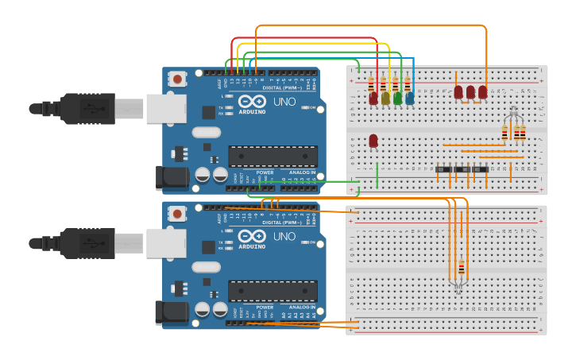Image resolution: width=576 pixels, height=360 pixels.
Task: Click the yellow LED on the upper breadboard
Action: click(x=386, y=98)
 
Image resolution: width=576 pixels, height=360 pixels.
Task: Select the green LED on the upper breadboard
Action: click(x=398, y=98)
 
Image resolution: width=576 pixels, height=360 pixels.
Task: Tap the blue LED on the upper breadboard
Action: click(x=410, y=98)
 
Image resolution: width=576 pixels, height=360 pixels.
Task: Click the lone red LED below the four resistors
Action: click(x=373, y=141)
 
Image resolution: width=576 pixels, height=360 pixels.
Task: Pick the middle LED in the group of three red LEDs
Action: click(x=470, y=92)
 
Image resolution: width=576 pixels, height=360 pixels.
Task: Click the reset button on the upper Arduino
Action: click(x=177, y=79)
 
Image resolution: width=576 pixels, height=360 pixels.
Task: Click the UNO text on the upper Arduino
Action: click(x=284, y=103)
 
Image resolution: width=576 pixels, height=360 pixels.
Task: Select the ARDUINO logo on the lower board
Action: click(x=253, y=246)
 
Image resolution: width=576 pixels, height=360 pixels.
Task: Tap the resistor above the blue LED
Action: click(x=408, y=83)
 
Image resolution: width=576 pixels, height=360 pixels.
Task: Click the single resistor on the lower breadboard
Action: click(x=462, y=266)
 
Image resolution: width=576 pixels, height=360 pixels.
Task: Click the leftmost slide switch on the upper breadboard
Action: click(x=443, y=169)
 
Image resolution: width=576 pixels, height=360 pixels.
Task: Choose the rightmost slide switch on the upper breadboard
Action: click(x=480, y=169)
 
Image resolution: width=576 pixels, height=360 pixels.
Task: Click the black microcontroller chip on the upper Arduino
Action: click(x=273, y=157)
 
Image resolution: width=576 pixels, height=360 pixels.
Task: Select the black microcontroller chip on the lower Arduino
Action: click(x=273, y=291)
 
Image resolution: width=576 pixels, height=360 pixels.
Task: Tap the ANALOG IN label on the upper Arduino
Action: click(x=301, y=172)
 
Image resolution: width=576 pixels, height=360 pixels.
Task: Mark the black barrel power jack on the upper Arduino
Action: click(x=174, y=177)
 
